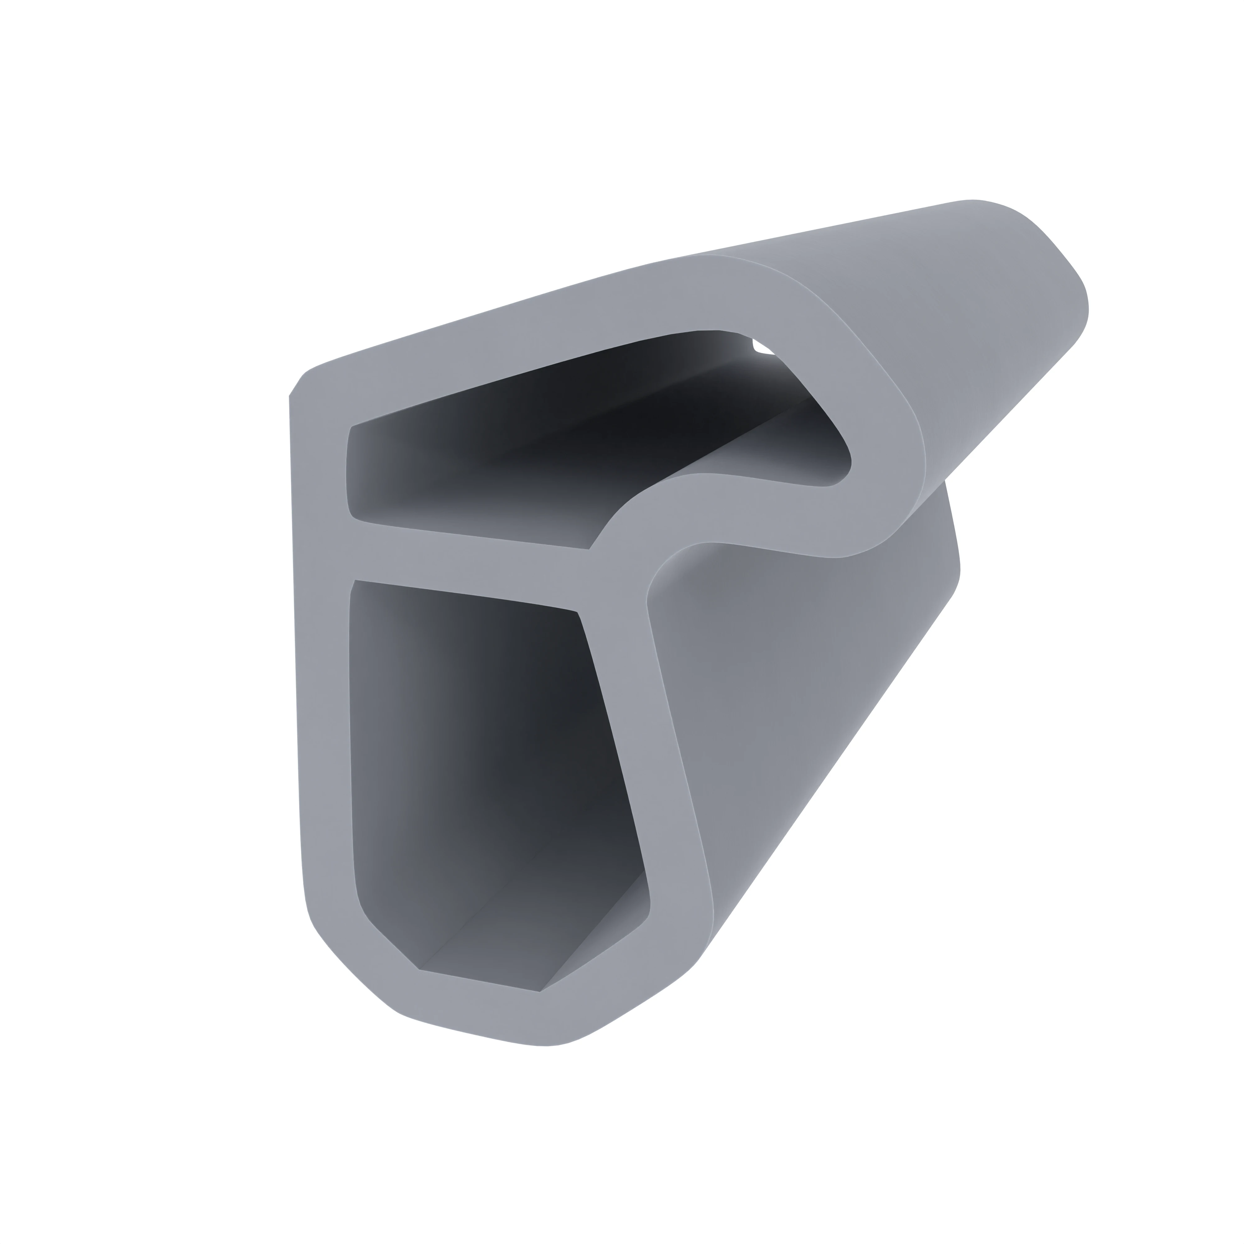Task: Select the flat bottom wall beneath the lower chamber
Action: (x=476, y=1005)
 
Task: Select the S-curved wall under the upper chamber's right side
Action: (x=740, y=509)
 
